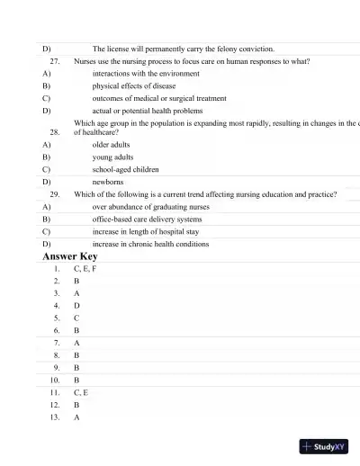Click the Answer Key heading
(x=70, y=256)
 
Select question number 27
(x=55, y=61)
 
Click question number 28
(x=55, y=131)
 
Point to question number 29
(x=55, y=193)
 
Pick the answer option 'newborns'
(x=108, y=181)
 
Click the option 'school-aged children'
(x=125, y=168)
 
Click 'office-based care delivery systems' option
(x=147, y=219)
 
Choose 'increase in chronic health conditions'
(x=150, y=244)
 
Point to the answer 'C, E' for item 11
(x=81, y=393)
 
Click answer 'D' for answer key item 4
(x=76, y=306)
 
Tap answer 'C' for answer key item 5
(x=76, y=318)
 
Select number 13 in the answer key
(x=55, y=417)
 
